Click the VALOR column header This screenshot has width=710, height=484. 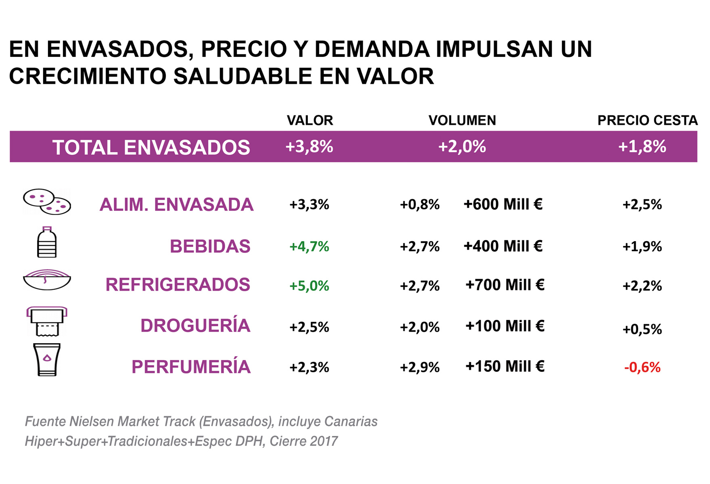(x=310, y=120)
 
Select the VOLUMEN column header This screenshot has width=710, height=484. (x=462, y=120)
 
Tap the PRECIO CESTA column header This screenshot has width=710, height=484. (x=647, y=120)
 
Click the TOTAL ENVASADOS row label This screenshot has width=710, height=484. (x=151, y=147)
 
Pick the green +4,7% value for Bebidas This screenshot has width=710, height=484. (x=309, y=246)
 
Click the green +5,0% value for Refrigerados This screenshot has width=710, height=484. (x=309, y=286)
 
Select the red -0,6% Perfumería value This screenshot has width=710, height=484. (x=642, y=367)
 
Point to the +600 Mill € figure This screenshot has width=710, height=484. (x=503, y=204)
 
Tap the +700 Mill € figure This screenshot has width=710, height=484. (x=505, y=285)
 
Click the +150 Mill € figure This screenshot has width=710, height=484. (x=505, y=367)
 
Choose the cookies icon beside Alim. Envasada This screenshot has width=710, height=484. (x=47, y=202)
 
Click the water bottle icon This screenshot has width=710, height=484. (x=47, y=242)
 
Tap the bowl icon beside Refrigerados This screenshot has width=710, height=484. (x=47, y=280)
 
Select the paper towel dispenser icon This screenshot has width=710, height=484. (x=47, y=321)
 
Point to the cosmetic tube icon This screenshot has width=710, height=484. (x=47, y=360)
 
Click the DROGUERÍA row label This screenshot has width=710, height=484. (x=195, y=326)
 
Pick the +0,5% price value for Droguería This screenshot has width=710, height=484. (x=642, y=330)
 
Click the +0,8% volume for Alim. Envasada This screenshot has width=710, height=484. (x=420, y=205)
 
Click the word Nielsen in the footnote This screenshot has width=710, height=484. (x=92, y=421)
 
